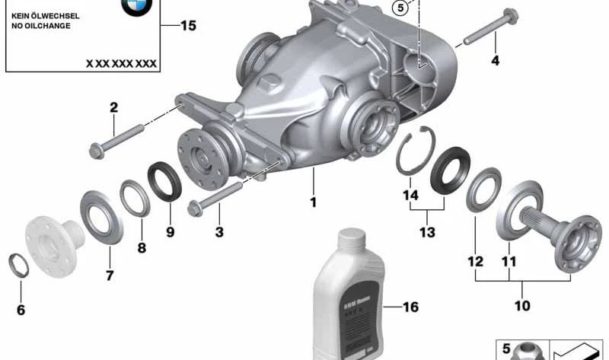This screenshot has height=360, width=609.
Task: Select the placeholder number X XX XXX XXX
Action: (121, 64)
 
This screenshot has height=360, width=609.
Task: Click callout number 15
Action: (187, 26)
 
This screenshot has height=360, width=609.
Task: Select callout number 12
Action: (476, 261)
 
